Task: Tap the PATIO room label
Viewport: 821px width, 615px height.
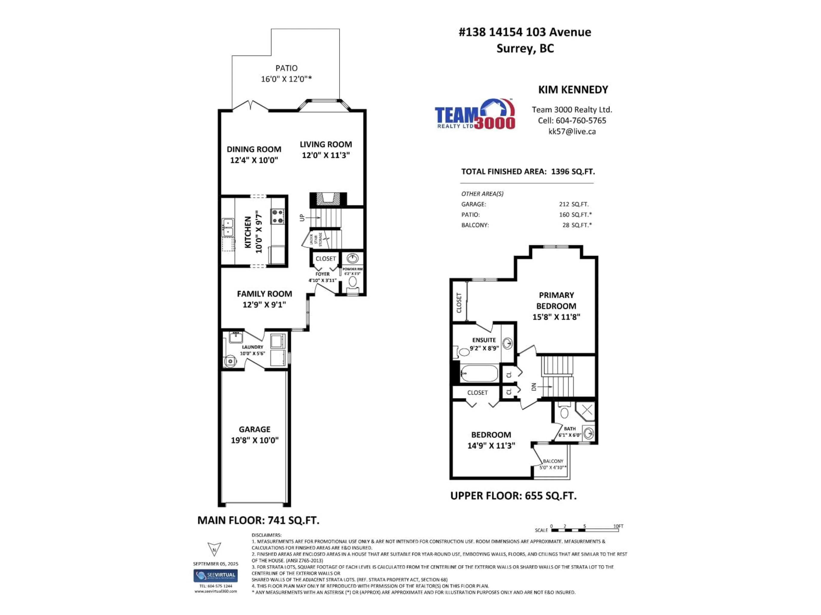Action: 286,68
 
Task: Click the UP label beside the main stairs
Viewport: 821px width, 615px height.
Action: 302,218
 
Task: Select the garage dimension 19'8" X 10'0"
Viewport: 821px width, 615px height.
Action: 255,440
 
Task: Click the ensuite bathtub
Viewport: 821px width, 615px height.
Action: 479,373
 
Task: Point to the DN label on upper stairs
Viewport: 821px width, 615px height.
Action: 534,387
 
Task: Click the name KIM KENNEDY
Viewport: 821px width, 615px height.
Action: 573,90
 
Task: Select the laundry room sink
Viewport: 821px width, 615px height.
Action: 235,337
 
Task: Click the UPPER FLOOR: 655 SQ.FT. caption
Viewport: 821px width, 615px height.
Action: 513,496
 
